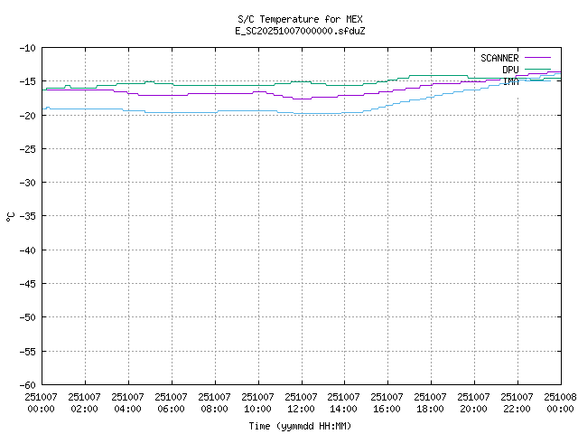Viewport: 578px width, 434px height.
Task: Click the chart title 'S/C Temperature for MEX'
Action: click(301, 19)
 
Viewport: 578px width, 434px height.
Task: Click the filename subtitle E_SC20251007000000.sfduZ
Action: click(301, 31)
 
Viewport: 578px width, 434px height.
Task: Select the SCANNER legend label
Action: click(499, 58)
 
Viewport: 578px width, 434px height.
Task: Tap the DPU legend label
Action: click(510, 70)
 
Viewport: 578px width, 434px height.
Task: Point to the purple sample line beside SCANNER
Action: click(536, 58)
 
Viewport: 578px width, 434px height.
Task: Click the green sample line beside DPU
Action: click(536, 70)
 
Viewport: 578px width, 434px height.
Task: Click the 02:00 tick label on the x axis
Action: click(85, 408)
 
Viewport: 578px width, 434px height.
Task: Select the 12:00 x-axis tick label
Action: click(301, 408)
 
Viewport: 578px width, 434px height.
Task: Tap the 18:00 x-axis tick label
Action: click(430, 408)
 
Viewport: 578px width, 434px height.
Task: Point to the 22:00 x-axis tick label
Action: click(517, 408)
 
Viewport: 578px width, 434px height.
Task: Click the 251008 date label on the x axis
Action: click(560, 396)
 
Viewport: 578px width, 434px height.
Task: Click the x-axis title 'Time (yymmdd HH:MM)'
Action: click(301, 426)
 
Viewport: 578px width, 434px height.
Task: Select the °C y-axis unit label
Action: click(10, 216)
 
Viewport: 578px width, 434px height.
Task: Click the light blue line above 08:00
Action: click(215, 112)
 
